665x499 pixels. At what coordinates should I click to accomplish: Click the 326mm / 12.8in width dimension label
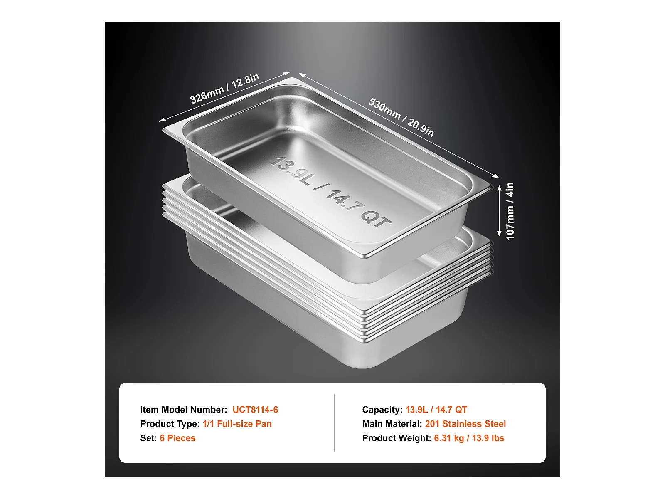(x=224, y=89)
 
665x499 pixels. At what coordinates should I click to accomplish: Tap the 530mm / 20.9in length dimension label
(x=401, y=117)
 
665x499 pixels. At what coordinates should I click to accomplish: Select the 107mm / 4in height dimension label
(x=510, y=211)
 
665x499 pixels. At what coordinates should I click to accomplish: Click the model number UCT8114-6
(x=255, y=410)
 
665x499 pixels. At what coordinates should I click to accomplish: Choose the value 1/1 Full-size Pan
(x=237, y=424)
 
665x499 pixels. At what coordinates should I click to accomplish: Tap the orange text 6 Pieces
(x=177, y=438)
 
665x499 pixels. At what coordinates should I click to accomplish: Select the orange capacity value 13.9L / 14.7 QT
(x=436, y=410)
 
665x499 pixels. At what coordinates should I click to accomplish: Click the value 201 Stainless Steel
(x=465, y=424)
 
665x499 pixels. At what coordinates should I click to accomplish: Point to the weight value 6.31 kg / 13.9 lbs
(x=469, y=438)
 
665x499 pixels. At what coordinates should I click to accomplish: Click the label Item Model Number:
(x=184, y=410)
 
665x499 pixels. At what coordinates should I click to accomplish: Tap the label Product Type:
(x=170, y=424)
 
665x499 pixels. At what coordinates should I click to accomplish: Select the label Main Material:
(x=392, y=424)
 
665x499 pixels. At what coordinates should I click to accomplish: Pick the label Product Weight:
(x=397, y=438)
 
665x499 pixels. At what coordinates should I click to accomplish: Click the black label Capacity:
(x=382, y=410)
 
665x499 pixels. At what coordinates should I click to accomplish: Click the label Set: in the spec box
(x=148, y=438)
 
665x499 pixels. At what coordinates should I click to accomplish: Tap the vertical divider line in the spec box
(x=334, y=423)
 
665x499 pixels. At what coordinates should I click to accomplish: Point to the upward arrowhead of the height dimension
(x=499, y=188)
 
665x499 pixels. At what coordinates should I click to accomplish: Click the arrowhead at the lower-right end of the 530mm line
(x=496, y=176)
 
